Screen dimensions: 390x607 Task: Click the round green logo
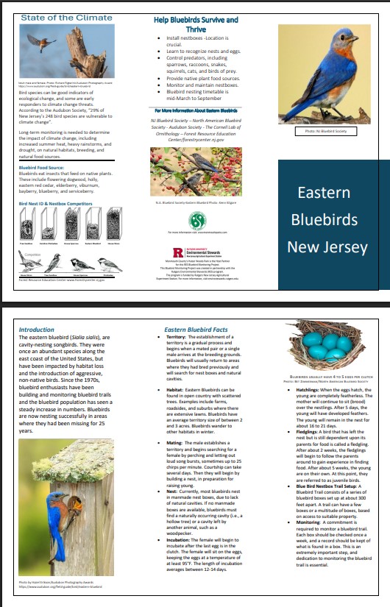pos(197,220)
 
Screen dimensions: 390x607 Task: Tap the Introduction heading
pos(36,330)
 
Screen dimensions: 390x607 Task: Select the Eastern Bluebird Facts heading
pos(195,330)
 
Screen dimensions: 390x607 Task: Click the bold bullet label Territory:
pos(170,337)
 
